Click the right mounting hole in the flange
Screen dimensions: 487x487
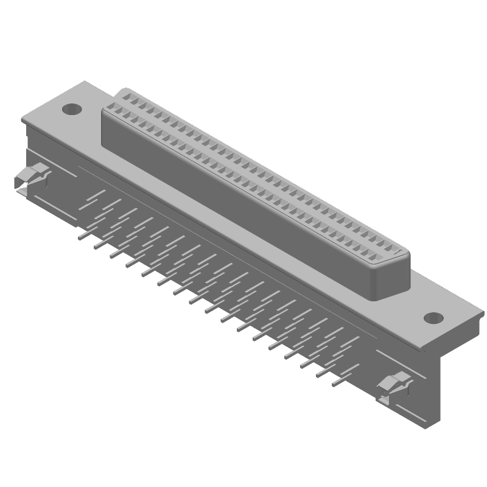(x=433, y=317)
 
